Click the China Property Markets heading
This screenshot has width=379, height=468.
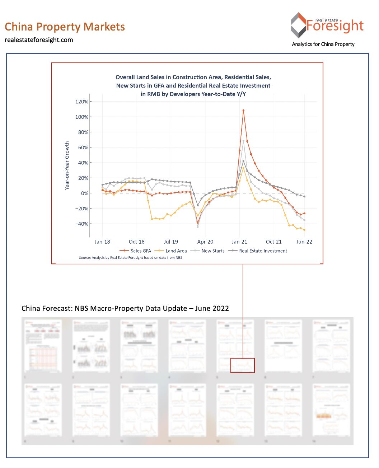click(x=65, y=27)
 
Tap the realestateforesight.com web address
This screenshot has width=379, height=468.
click(x=39, y=40)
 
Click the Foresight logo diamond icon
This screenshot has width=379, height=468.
click(x=298, y=25)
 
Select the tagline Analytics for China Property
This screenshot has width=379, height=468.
click(x=323, y=44)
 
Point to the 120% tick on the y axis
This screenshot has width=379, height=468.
click(x=82, y=102)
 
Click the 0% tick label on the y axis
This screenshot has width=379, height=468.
click(x=84, y=193)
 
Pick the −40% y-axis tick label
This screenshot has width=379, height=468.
click(x=82, y=224)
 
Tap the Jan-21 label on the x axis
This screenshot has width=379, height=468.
click(x=239, y=242)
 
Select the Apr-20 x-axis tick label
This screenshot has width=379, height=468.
click(x=205, y=242)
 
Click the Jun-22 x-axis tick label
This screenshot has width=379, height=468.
click(x=304, y=242)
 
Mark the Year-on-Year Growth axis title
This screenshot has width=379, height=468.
click(x=67, y=165)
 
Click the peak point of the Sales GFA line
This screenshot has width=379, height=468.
click(x=243, y=111)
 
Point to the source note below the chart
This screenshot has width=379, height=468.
click(x=130, y=258)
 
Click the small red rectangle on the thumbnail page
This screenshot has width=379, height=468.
click(x=242, y=365)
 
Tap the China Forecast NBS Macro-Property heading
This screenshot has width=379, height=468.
click(x=125, y=308)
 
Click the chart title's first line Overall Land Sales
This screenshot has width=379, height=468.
click(x=193, y=77)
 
